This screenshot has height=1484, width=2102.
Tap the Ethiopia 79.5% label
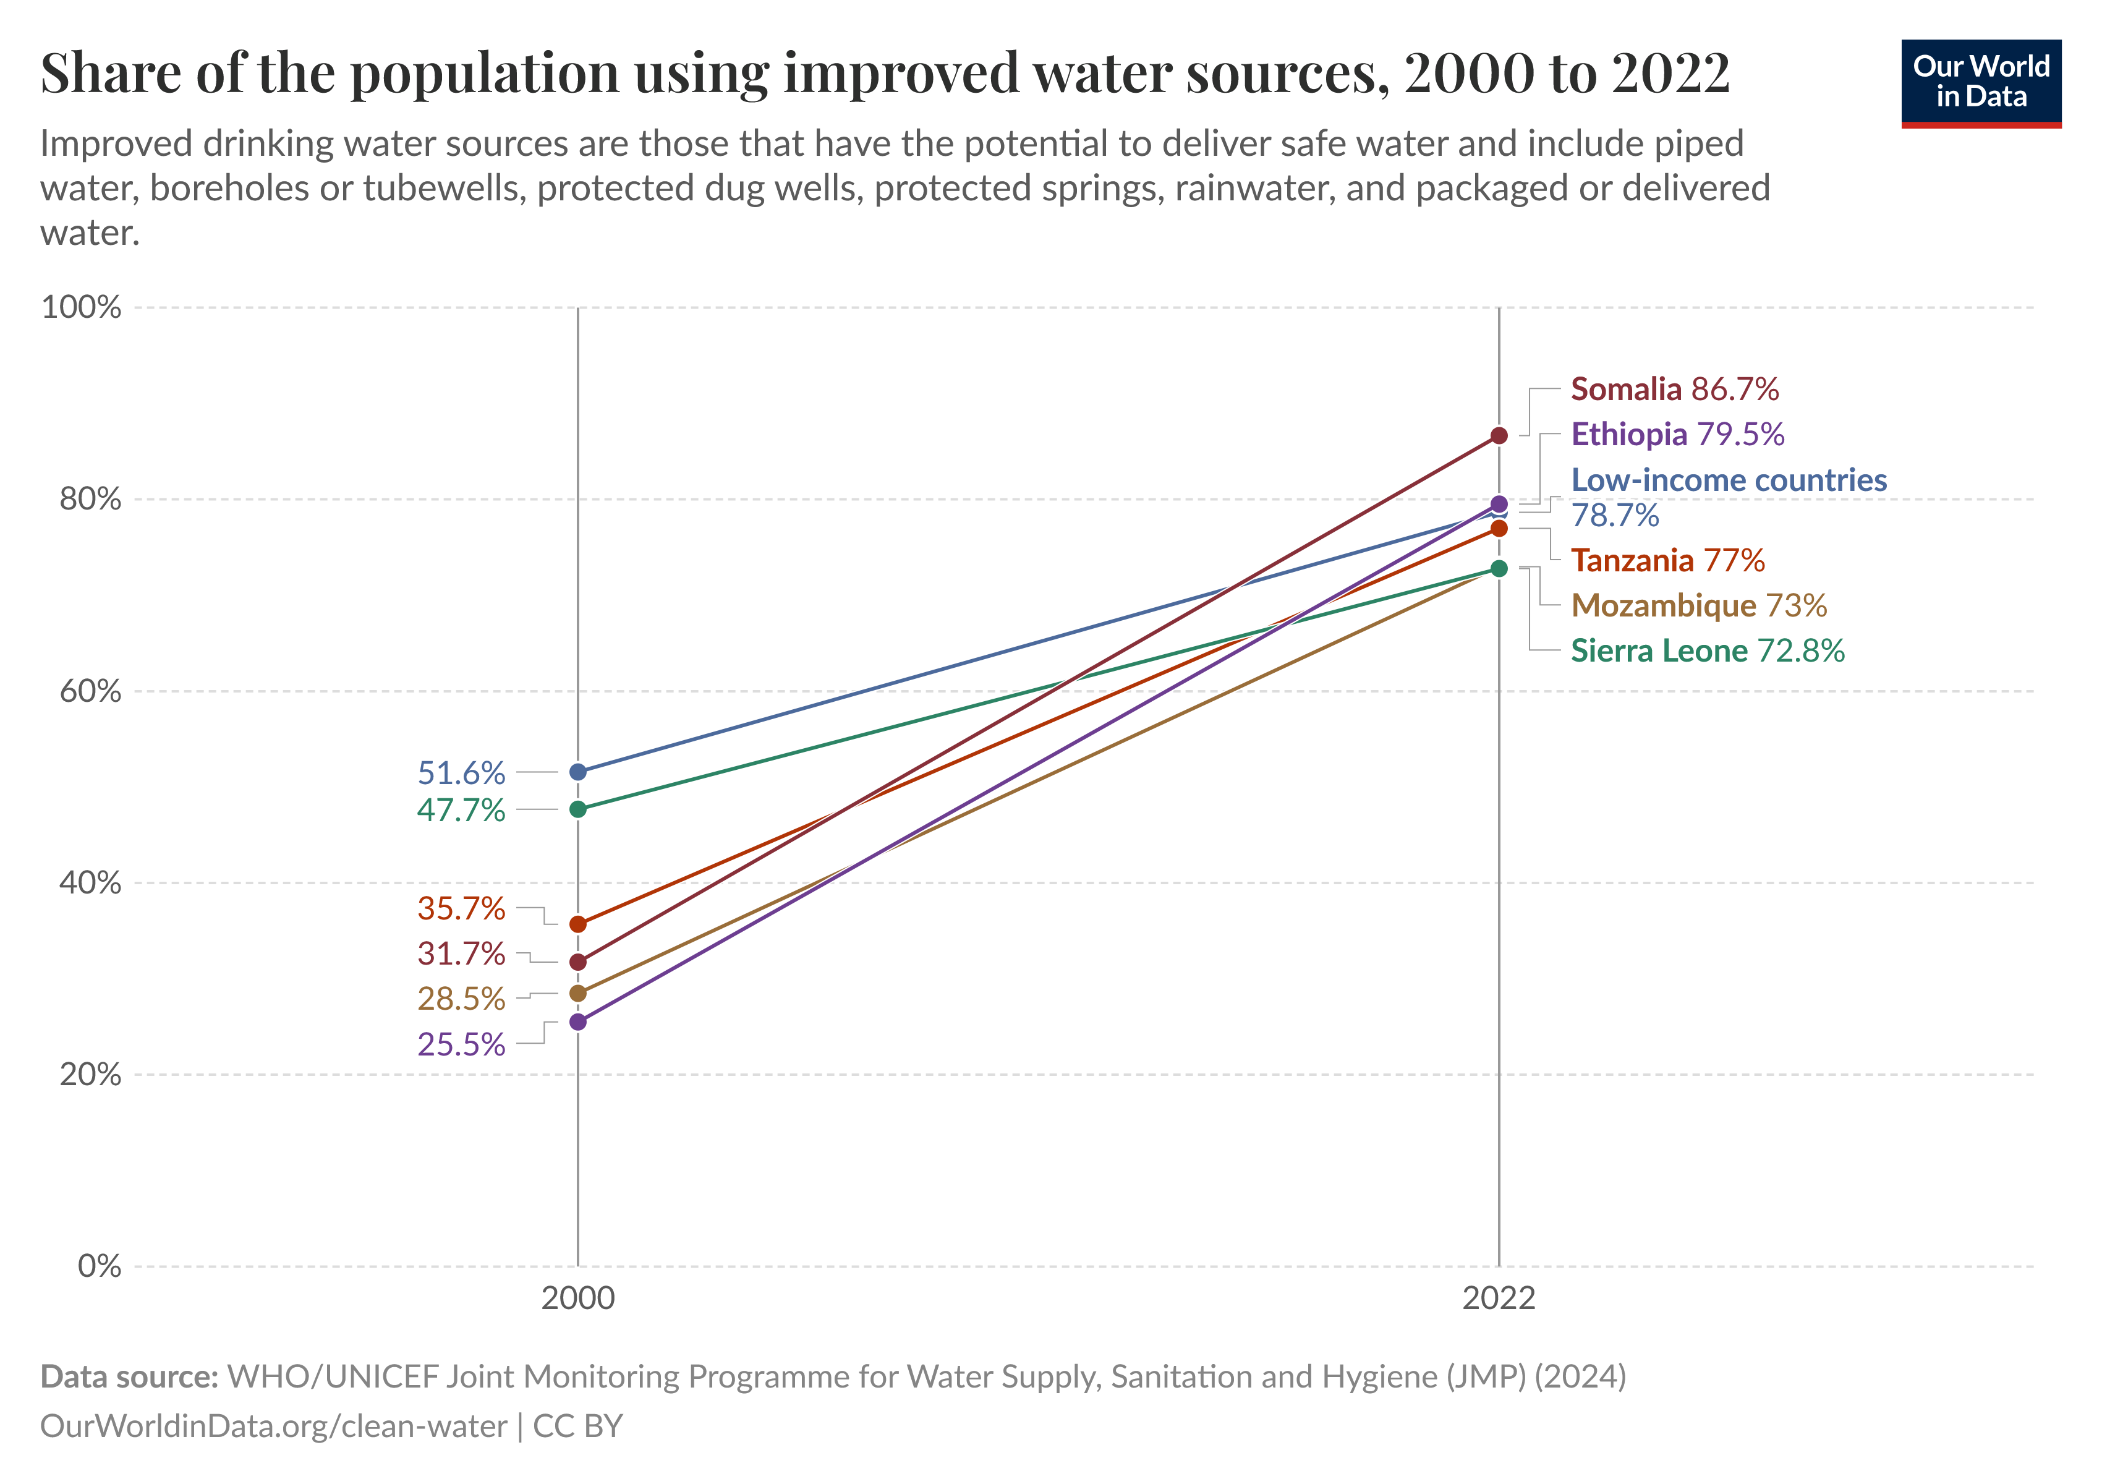coord(1677,435)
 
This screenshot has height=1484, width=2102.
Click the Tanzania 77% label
coord(1667,560)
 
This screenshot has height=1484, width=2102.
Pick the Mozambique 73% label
coord(1698,606)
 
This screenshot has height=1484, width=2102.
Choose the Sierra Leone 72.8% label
coord(1706,651)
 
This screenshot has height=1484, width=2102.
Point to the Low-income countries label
coord(1729,480)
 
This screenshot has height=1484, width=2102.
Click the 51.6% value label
coord(461,774)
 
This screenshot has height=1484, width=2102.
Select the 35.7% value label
coord(461,909)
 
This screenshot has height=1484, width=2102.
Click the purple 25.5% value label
coord(461,1044)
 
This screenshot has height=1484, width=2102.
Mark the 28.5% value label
coord(461,999)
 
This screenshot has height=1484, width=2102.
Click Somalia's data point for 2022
coord(1499,436)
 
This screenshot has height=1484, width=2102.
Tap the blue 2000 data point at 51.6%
coord(577,773)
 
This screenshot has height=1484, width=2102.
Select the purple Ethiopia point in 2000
coord(577,1021)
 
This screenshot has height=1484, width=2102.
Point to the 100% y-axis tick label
coord(82,307)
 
